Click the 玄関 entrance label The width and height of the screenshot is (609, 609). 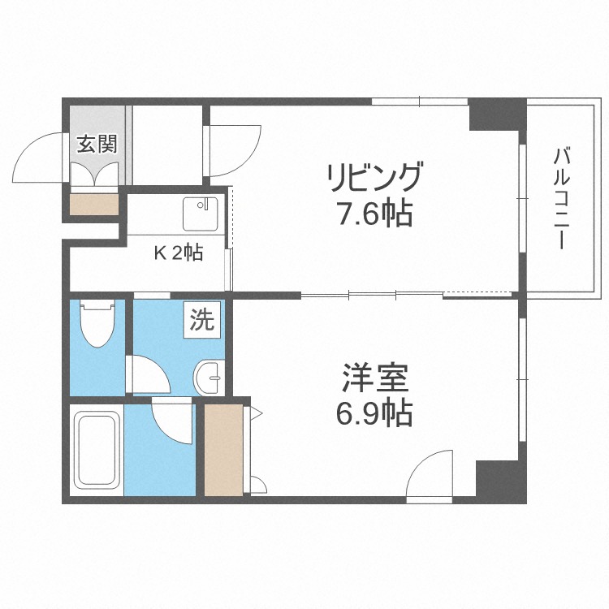coord(97,145)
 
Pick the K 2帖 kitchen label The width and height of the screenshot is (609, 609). coord(179,253)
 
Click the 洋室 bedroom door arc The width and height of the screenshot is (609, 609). coord(430,474)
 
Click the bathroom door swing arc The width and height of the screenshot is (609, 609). coord(173,422)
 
